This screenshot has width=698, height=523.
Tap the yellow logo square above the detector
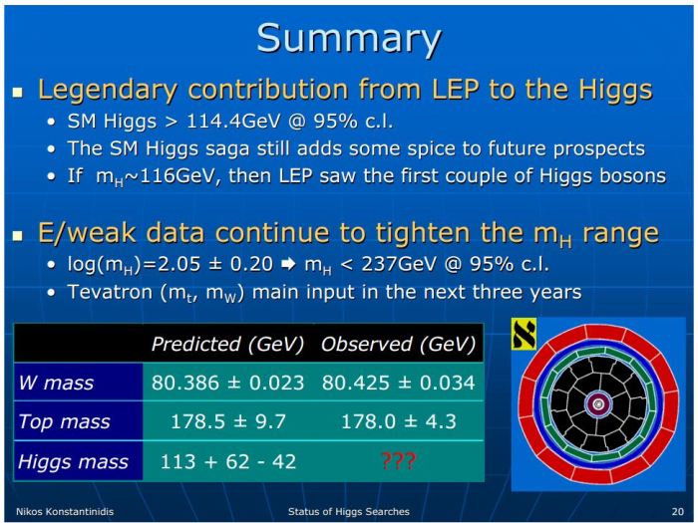click(x=524, y=336)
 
